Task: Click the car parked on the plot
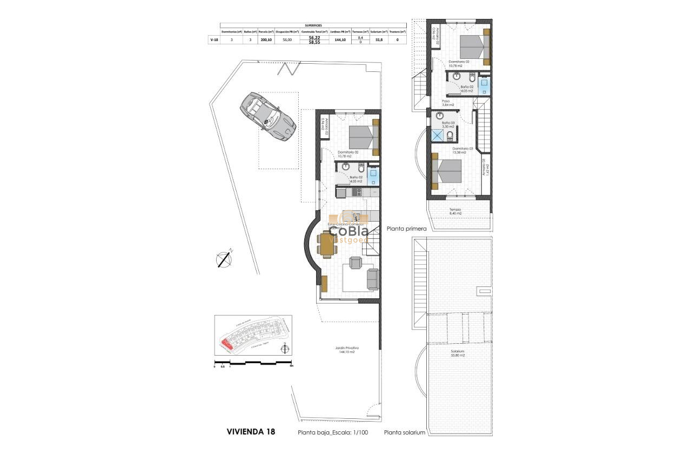[x=269, y=117]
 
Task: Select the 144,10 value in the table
[x=340, y=39]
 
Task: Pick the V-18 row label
[x=215, y=39]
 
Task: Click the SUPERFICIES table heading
[x=313, y=25]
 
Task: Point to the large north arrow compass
[x=224, y=259]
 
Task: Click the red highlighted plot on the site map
[x=226, y=342]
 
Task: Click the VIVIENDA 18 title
[x=251, y=432]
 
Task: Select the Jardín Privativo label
[x=347, y=350]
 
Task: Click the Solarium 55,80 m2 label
[x=459, y=353]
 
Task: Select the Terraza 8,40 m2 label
[x=455, y=211]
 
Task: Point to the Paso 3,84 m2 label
[x=448, y=103]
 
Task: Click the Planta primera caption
[x=407, y=229]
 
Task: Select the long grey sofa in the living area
[x=372, y=279]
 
